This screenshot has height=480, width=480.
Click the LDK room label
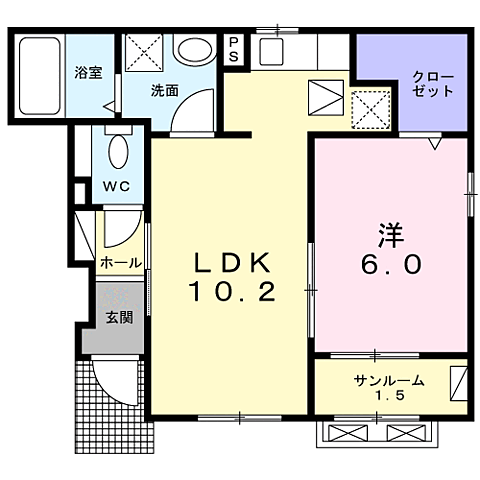click(231, 263)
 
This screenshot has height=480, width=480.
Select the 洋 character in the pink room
click(391, 236)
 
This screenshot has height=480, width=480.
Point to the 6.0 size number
click(391, 266)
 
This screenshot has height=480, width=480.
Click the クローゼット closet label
click(433, 84)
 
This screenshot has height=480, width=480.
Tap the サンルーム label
click(389, 380)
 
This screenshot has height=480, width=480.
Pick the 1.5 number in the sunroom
click(389, 397)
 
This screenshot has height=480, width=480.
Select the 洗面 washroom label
click(164, 90)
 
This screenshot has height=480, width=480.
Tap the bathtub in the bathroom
click(39, 73)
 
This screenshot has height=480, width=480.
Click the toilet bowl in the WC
click(116, 151)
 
